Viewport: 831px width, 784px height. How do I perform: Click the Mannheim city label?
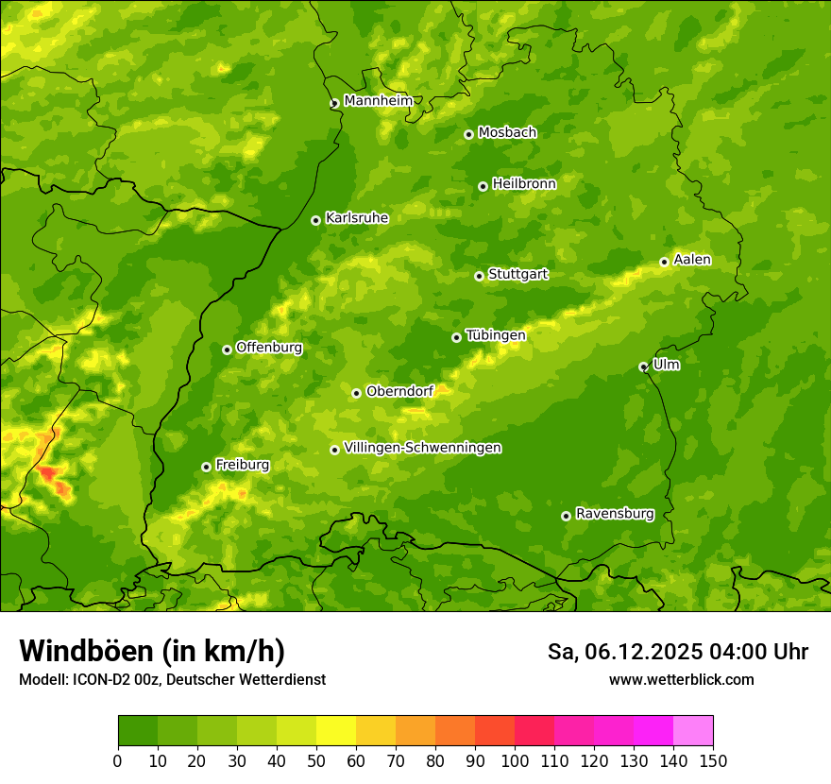(378, 100)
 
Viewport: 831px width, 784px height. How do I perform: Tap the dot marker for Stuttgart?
(479, 276)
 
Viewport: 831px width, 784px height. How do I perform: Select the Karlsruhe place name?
(356, 217)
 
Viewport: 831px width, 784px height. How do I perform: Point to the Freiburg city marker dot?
(206, 467)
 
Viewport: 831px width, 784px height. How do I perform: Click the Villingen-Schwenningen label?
(422, 448)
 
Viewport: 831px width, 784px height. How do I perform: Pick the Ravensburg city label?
(614, 514)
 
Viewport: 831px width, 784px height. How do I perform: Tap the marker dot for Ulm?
(643, 366)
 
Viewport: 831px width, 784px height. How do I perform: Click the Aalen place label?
(691, 260)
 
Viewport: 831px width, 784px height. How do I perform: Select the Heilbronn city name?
(523, 183)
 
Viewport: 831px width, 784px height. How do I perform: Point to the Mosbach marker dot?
(468, 134)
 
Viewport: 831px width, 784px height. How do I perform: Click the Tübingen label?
(495, 335)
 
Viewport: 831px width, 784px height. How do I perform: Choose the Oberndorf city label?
(399, 391)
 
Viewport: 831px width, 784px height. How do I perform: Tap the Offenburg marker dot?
(227, 349)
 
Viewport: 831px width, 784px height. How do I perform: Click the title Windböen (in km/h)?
(151, 651)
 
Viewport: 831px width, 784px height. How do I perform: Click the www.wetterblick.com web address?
(681, 679)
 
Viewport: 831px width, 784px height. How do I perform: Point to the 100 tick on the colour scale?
(515, 760)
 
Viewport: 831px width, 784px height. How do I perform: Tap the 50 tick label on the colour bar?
(316, 760)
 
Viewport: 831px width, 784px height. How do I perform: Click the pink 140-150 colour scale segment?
(693, 730)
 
